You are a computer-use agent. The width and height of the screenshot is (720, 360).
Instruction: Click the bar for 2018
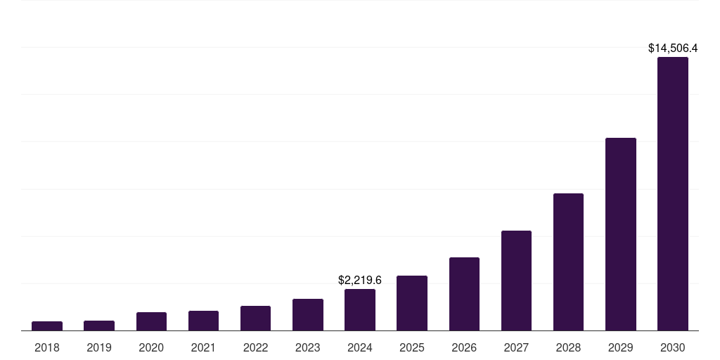(x=47, y=326)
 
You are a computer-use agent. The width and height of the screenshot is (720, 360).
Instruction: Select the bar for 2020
(x=151, y=321)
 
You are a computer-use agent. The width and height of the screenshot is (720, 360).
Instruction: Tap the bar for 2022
(x=255, y=319)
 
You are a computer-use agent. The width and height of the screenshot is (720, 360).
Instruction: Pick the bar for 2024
(x=360, y=310)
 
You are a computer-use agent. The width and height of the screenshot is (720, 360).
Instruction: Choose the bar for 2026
(x=464, y=294)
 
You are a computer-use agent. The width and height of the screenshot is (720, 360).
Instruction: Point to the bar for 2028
(x=568, y=262)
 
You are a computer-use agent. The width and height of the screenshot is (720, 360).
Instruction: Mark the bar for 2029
(x=620, y=234)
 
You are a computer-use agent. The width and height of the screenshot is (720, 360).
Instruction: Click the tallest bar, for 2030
(x=673, y=194)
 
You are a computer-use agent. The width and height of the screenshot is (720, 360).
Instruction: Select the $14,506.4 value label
(x=673, y=49)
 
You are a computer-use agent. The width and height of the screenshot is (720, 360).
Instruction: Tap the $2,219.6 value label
(x=360, y=280)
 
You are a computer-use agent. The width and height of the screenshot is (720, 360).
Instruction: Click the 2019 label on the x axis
(x=99, y=347)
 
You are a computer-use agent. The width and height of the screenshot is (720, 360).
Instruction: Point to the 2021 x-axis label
(x=203, y=347)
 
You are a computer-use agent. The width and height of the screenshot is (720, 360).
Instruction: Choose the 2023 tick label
(x=307, y=347)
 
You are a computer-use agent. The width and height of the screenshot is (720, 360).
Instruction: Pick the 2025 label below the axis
(x=412, y=347)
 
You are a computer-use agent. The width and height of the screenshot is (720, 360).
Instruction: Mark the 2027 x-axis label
(x=516, y=347)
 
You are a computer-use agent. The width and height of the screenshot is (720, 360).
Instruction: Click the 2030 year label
(x=673, y=347)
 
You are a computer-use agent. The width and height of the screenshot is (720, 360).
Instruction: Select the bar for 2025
(x=412, y=303)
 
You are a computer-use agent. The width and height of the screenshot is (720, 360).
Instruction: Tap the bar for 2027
(x=516, y=281)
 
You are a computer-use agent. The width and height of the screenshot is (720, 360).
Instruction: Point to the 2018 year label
(x=47, y=347)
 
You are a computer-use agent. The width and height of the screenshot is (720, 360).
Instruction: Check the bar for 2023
(x=307, y=315)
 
